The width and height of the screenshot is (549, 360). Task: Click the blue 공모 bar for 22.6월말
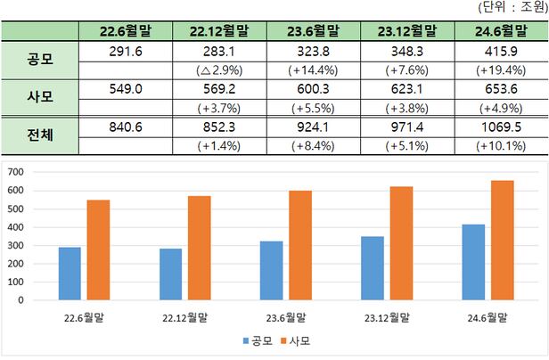[x=70, y=274]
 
